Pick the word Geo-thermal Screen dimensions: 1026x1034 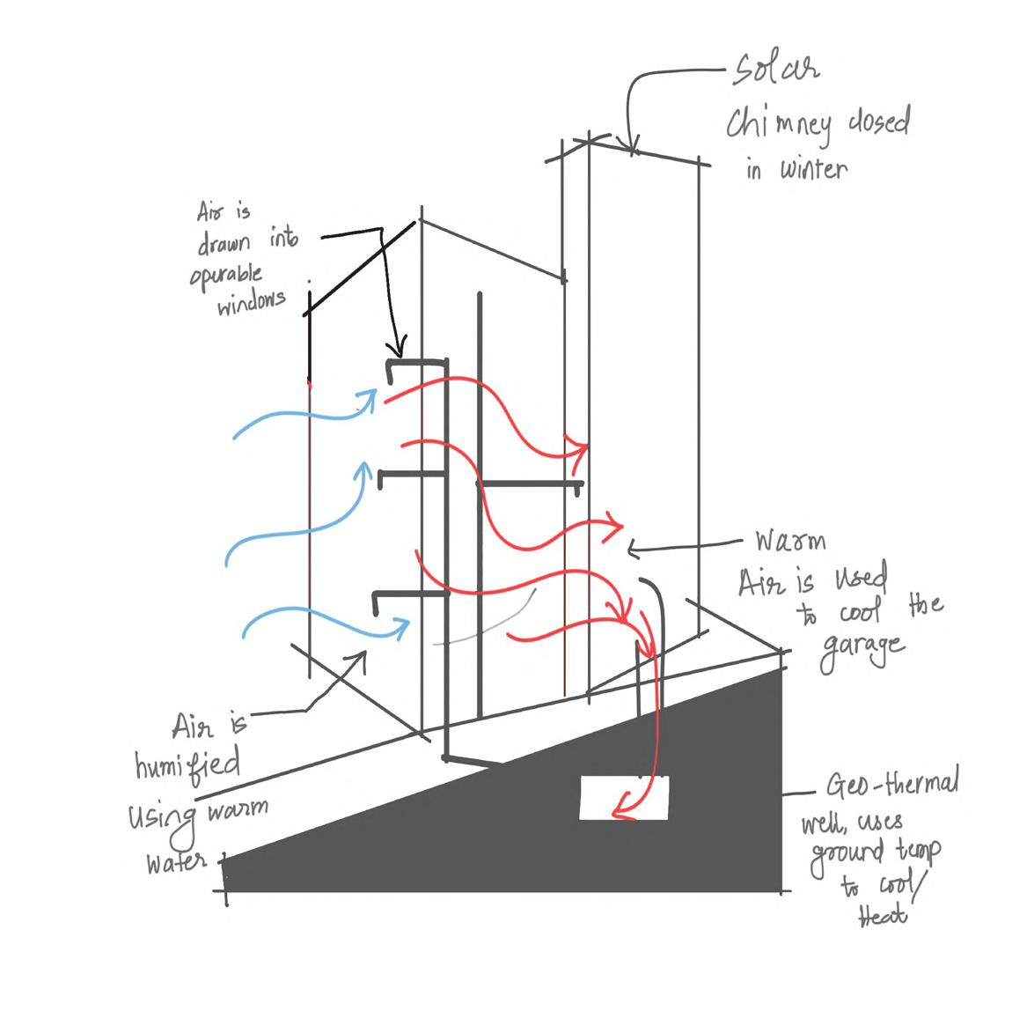[892, 784]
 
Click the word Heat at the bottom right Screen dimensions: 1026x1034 [882, 916]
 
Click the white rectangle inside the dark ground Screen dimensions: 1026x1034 [624, 797]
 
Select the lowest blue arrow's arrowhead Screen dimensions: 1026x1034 [402, 626]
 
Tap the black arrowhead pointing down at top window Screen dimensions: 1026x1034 [400, 346]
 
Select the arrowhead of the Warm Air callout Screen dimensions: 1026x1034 [632, 550]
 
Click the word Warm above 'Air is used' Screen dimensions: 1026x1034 [790, 539]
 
